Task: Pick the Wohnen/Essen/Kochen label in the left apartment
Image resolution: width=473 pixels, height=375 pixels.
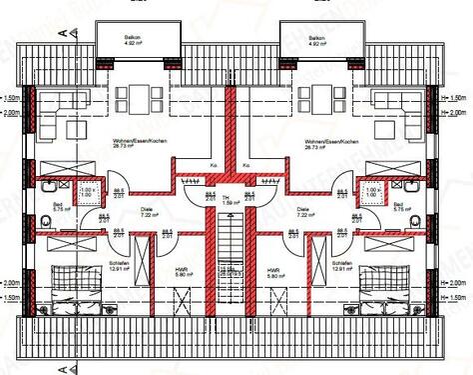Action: click(x=138, y=142)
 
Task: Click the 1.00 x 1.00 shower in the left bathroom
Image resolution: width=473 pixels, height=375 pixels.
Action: click(x=88, y=191)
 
